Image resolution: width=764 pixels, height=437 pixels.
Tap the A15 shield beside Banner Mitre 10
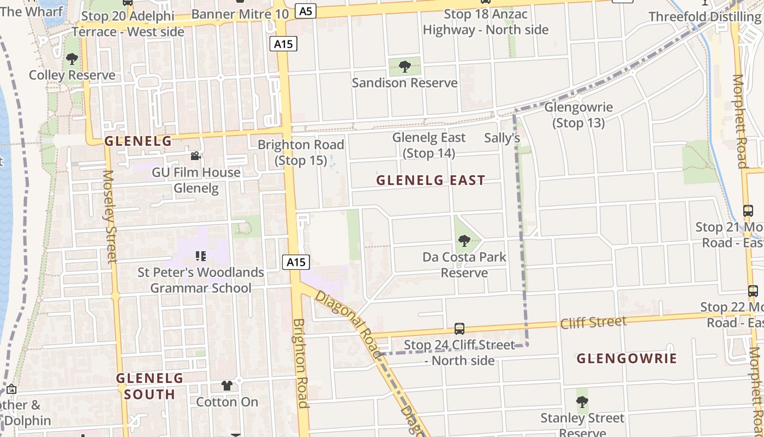pos(283,44)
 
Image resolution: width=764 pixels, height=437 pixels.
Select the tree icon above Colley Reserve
pos(71,59)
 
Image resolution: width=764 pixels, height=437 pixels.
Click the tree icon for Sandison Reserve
pos(404,67)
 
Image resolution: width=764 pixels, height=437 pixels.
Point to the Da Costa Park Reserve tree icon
pos(464,240)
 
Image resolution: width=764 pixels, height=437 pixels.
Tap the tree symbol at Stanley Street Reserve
pos(582,402)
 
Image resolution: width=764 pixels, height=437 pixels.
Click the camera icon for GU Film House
pos(195,156)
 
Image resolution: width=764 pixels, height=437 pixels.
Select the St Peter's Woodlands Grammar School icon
pos(200,256)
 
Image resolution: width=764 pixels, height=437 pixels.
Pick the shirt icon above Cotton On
pos(227,386)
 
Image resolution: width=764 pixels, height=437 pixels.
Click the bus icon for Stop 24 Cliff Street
pos(459,329)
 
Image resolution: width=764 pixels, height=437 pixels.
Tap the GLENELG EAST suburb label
pos(431,180)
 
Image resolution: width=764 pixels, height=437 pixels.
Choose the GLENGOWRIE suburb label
pos(626,358)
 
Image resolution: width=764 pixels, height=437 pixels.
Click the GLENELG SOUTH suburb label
pos(150,386)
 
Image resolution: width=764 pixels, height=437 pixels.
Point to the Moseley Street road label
pos(110,216)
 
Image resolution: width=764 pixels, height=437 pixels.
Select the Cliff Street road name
pos(593,322)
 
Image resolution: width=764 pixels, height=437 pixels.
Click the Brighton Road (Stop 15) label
pos(301,152)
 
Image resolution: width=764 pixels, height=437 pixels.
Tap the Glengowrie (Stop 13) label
pos(578,115)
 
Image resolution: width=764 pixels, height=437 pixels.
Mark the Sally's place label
pos(502,138)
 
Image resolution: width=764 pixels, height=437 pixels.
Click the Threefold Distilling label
pos(703,17)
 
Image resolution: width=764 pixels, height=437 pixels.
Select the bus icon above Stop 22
pos(753,291)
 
